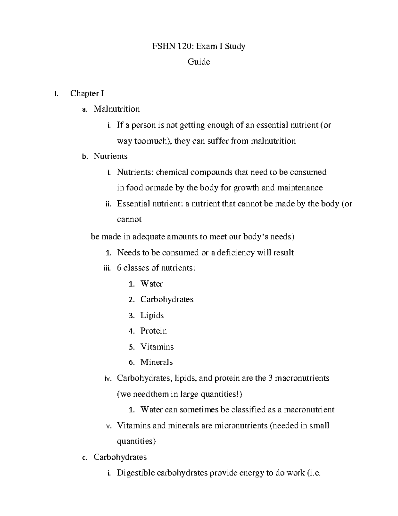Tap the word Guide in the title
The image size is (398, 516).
199,62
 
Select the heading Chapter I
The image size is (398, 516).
87,93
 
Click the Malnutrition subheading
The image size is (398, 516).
116,109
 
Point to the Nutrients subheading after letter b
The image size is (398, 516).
110,156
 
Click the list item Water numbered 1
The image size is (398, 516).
151,284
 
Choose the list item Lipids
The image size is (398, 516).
152,315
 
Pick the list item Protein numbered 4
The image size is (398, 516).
154,331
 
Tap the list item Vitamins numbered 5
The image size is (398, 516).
157,347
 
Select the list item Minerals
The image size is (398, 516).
157,362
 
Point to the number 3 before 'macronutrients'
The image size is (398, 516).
270,378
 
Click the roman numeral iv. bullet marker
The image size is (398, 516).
108,378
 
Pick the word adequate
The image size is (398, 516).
149,237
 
